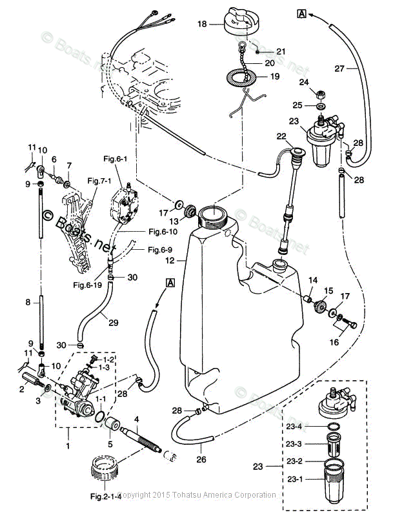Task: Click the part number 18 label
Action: click(x=202, y=24)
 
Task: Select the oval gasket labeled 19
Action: click(x=240, y=78)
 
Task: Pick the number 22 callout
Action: click(x=281, y=136)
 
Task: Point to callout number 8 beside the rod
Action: click(x=28, y=301)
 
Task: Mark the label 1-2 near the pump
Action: click(x=110, y=358)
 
